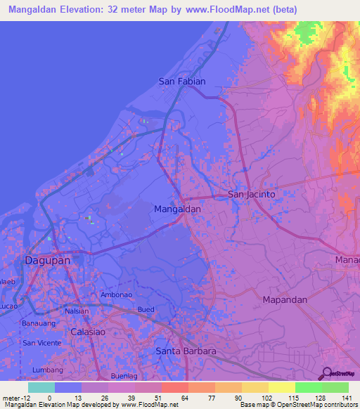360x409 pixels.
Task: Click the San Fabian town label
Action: [x=182, y=82]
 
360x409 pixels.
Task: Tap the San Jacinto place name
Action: [x=251, y=194]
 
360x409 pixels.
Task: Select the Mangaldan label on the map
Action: [x=177, y=209]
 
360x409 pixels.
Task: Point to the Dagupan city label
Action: [x=47, y=260]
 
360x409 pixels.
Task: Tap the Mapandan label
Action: [x=285, y=299]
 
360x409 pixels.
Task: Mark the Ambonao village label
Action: [x=116, y=295]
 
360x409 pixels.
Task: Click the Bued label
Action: [x=146, y=310]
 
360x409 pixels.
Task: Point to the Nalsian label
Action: [x=77, y=311]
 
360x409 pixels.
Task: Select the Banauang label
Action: [x=38, y=324]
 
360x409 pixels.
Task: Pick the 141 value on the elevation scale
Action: [x=347, y=398]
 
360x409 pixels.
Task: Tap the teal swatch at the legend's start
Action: [x=41, y=387]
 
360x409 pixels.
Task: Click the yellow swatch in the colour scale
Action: [x=281, y=387]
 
